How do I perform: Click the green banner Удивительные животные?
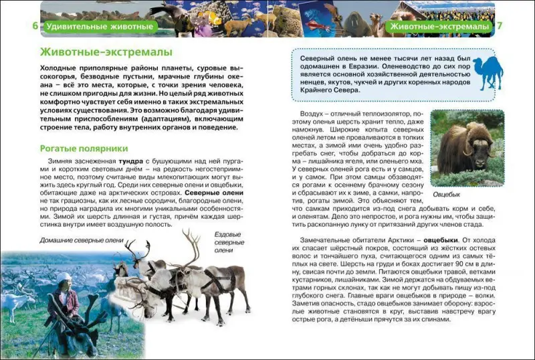[100, 27]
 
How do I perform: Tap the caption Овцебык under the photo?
[447, 194]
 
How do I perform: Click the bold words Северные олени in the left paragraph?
[215, 193]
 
